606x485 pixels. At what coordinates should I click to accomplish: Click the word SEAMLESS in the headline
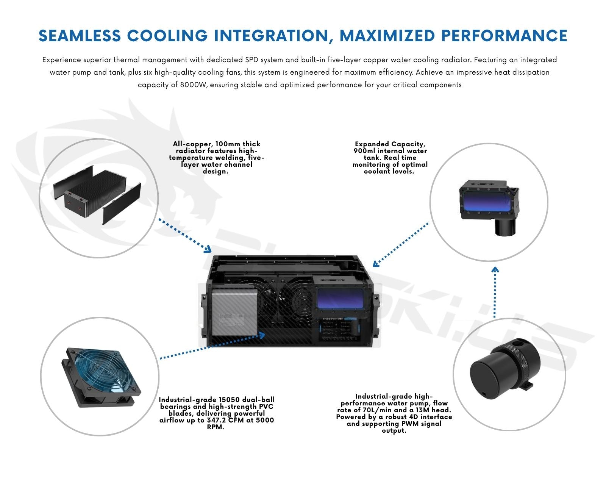[x=79, y=36]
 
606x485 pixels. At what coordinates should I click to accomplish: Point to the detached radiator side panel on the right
[x=122, y=204]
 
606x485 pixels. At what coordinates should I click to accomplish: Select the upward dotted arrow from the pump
[x=495, y=292]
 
